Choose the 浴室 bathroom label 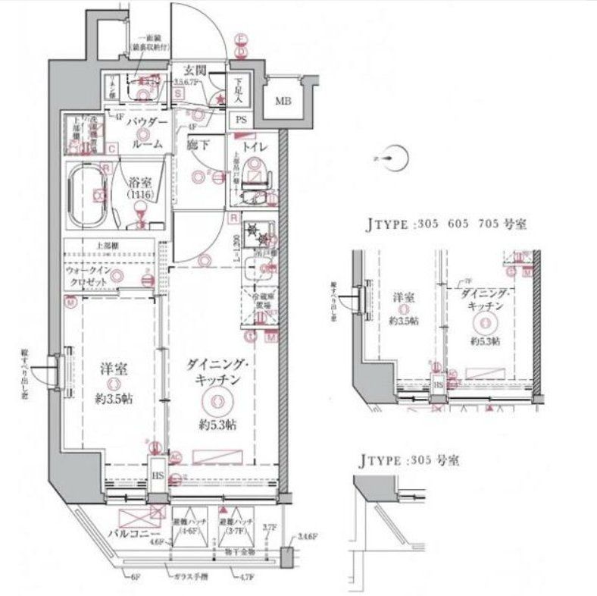140,182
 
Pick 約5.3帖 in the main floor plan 216,425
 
